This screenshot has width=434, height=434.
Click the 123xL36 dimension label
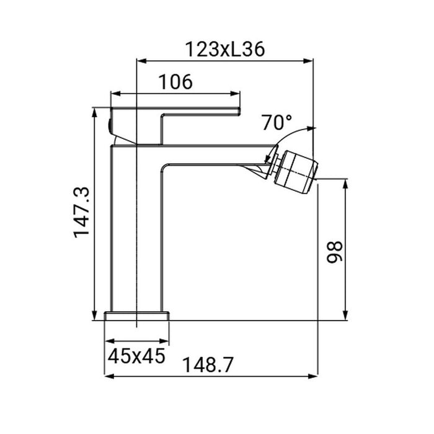(225, 49)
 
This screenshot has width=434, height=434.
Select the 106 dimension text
(175, 81)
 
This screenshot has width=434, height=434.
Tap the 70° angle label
(277, 122)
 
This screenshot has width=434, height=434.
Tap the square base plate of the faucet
(137, 316)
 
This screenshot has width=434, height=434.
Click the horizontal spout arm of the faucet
(211, 155)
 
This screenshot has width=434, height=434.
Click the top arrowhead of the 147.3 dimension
(94, 110)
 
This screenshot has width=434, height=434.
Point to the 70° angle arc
(291, 133)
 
